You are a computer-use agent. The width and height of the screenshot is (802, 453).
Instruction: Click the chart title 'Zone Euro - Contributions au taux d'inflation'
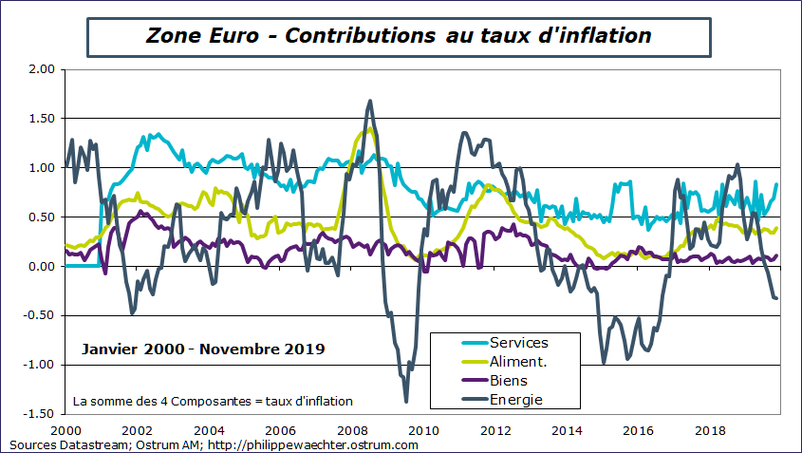pos(399,36)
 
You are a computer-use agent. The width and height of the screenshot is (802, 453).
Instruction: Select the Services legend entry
pos(518,343)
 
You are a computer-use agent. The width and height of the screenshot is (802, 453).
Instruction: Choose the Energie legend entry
pos(516,400)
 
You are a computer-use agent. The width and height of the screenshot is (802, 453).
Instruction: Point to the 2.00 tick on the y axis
pos(41,69)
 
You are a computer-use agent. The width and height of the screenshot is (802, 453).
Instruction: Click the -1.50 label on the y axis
pos(39,414)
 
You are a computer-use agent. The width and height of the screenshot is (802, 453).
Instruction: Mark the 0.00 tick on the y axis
pos(41,267)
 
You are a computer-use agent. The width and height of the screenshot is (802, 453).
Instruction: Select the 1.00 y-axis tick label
pos(41,168)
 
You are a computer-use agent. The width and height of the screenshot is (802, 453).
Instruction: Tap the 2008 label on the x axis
pos(351,429)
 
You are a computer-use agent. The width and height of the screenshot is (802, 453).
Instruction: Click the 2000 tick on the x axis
pos(65,429)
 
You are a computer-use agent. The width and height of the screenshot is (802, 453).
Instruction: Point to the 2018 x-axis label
pos(709,429)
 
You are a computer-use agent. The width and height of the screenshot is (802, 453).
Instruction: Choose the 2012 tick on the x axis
pos(494,429)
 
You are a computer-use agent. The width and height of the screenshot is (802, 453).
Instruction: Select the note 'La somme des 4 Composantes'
pos(213,401)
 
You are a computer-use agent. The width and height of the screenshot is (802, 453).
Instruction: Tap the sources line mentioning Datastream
pos(214,444)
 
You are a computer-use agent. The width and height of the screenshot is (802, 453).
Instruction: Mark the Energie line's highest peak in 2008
pos(369,101)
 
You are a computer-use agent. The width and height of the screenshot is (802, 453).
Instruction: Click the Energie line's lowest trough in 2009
pos(406,401)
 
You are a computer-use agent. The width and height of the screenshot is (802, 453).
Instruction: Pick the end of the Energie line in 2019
pos(777,298)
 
